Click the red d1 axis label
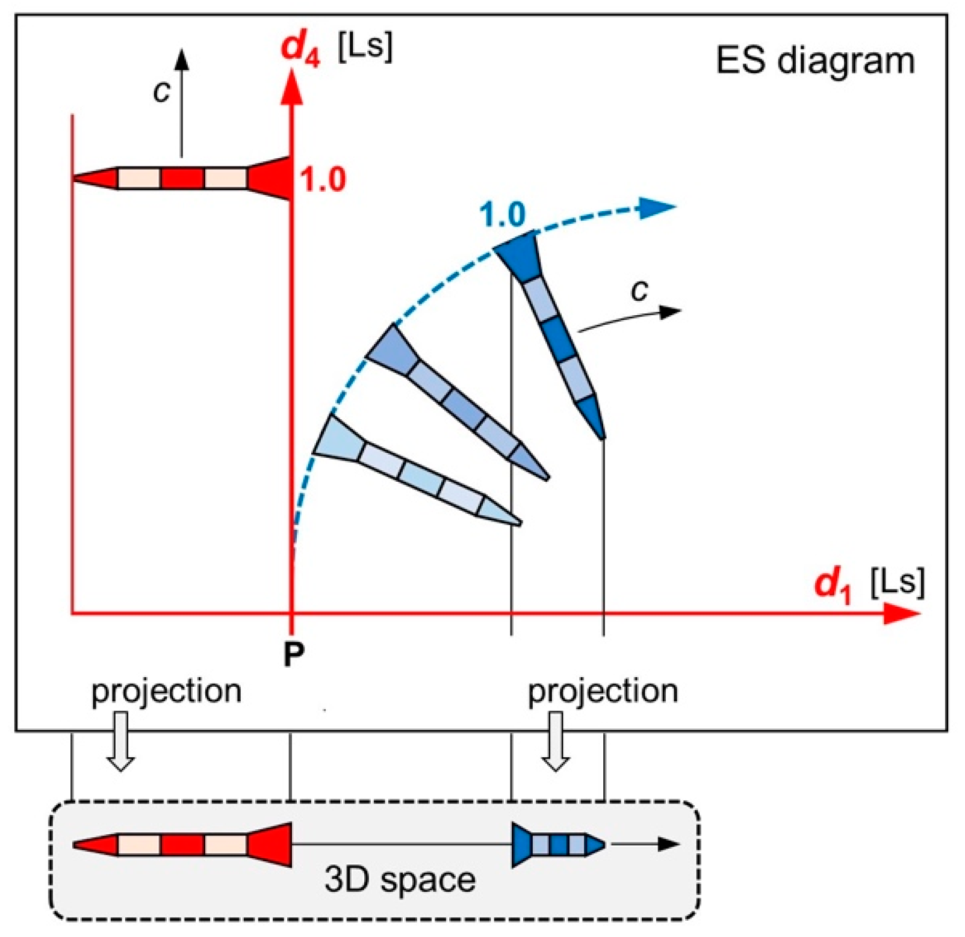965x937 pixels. [833, 583]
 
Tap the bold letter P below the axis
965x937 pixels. [294, 654]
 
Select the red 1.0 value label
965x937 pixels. [323, 179]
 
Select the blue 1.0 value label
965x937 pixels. [502, 214]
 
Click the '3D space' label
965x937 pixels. [400, 879]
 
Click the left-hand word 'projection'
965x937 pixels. [166, 691]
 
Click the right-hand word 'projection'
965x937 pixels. [603, 691]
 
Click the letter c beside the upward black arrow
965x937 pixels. [161, 91]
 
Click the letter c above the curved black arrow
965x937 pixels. [640, 291]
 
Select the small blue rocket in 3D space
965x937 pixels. [557, 844]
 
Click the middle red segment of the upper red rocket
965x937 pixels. [182, 179]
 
